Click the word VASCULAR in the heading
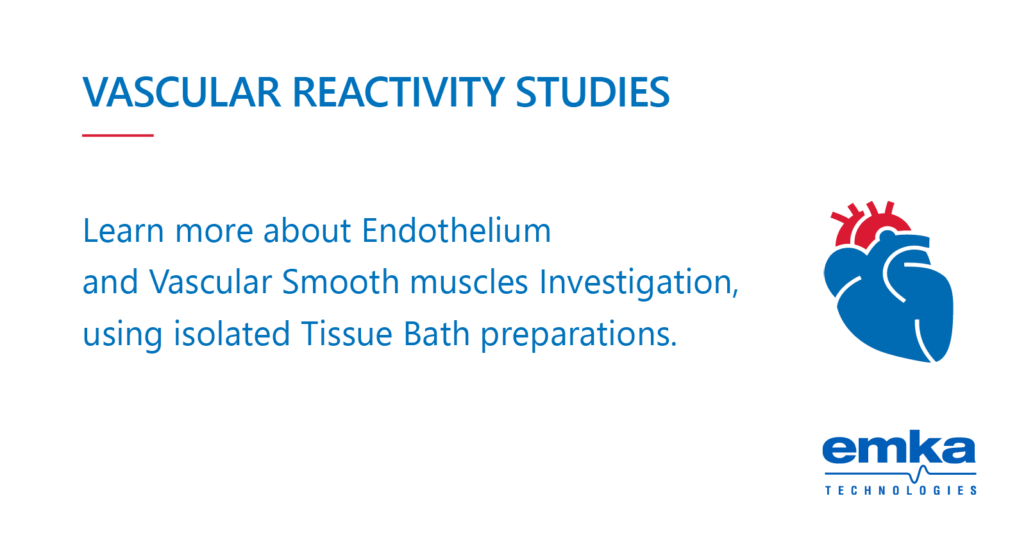181,92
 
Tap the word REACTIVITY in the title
398,92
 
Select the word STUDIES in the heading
593,92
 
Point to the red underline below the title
118,135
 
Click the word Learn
123,231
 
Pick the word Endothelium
456,231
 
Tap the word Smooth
341,282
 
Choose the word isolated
231,334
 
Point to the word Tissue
346,334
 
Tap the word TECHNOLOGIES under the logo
900,491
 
